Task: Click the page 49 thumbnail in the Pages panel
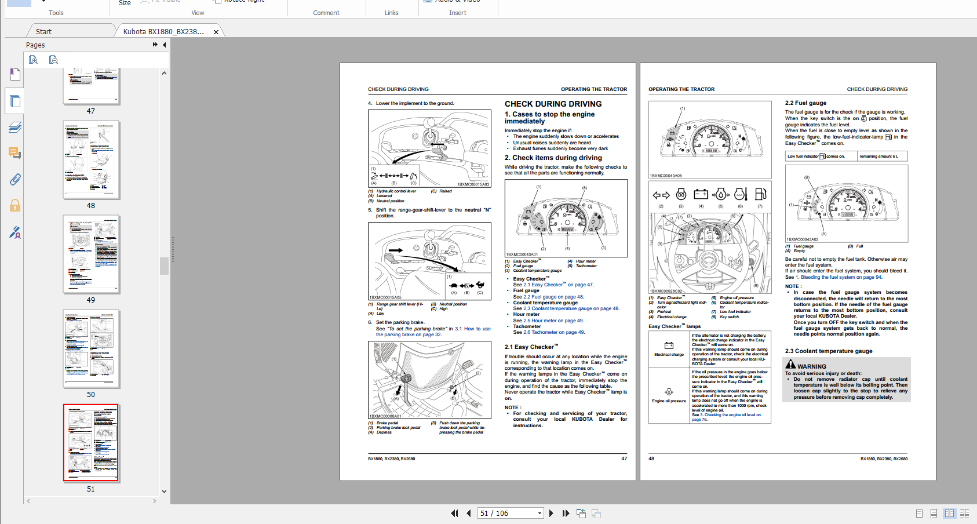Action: [91, 254]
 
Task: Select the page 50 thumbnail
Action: [91, 348]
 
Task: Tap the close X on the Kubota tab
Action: [216, 32]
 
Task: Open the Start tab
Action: [43, 32]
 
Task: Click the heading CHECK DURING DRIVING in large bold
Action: [553, 104]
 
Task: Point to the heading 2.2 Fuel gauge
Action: [805, 103]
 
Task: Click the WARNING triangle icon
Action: [790, 365]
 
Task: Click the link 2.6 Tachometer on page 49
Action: [554, 332]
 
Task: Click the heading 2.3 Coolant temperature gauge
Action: [828, 351]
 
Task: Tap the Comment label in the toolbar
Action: [326, 13]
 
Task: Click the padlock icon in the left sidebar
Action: [15, 205]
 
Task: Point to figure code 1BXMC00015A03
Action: [473, 184]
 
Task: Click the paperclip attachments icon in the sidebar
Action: [15, 179]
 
